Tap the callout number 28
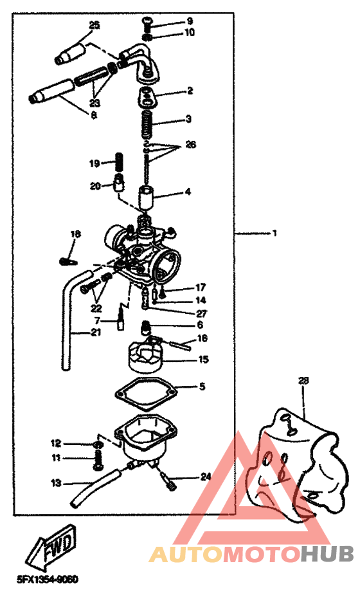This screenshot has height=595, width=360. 303,381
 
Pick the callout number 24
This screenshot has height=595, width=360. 205,477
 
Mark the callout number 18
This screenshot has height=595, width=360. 76,233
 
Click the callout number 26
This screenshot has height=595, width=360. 190,145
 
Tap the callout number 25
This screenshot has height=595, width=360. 94,25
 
